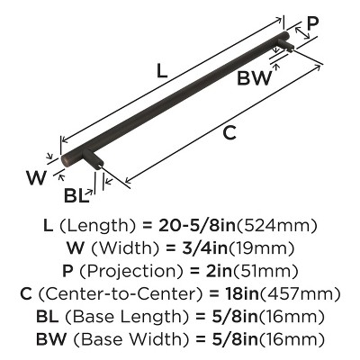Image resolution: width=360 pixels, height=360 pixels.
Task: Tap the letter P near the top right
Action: click(312, 22)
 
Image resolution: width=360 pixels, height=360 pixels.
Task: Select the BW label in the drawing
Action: click(255, 78)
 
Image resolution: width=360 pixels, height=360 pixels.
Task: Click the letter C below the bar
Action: click(230, 133)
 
